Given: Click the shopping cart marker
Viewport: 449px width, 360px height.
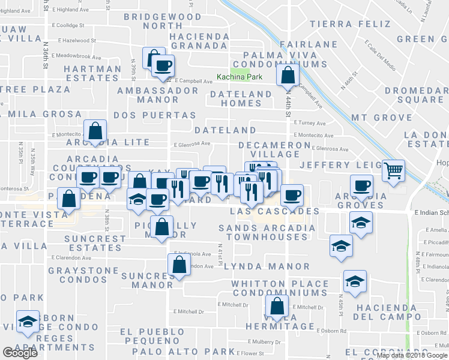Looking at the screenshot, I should pyautogui.click(x=393, y=170).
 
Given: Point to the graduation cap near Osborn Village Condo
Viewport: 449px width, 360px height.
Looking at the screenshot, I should pyautogui.click(x=27, y=322).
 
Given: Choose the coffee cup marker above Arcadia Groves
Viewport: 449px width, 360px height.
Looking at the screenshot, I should pyautogui.click(x=361, y=185).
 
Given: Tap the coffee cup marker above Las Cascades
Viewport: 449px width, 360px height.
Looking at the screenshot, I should pyautogui.click(x=292, y=194).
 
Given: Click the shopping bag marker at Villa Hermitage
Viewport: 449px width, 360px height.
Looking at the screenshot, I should pyautogui.click(x=277, y=305).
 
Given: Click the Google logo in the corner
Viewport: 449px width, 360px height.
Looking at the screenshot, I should pyautogui.click(x=19, y=353).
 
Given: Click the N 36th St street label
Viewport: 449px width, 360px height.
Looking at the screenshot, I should pyautogui.click(x=46, y=48).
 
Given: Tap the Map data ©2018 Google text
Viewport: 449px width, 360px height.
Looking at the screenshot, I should pyautogui.click(x=412, y=355).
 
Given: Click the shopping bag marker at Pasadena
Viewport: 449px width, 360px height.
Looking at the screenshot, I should pyautogui.click(x=69, y=198).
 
